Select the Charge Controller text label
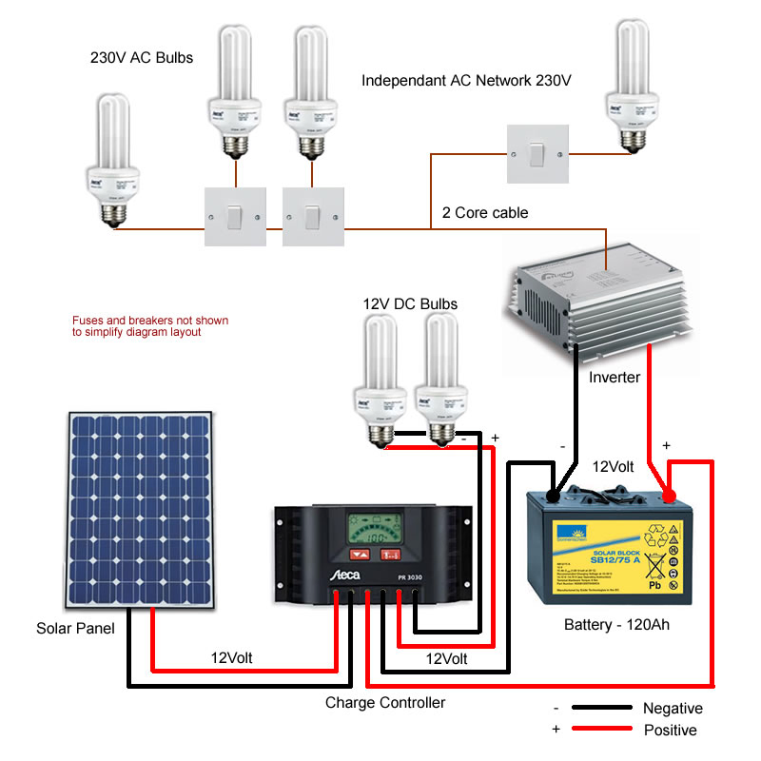coord(385,703)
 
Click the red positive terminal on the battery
coord(670,497)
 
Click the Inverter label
coord(615,377)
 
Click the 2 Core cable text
coord(485,212)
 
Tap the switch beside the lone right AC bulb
coord(537,153)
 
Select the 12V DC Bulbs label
coord(410,304)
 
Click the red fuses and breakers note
coord(150,326)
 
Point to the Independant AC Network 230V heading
coord(466,82)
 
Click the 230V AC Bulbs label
coord(141,58)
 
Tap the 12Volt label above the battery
coord(613,467)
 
